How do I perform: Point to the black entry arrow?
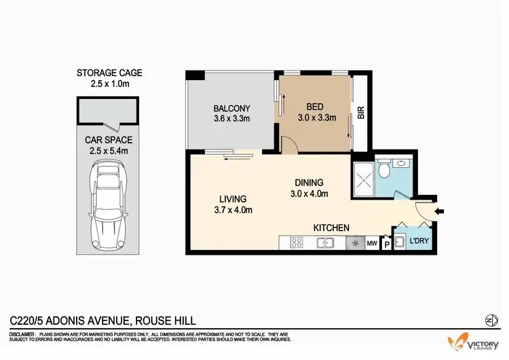click(439, 212)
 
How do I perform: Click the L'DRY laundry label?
click(418, 242)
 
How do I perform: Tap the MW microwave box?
click(372, 242)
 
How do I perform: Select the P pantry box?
click(386, 243)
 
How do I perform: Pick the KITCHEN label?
click(331, 228)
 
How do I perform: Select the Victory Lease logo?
click(474, 342)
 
